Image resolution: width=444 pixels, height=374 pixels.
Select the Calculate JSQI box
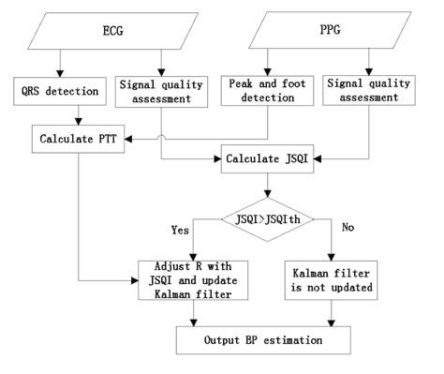[271, 159]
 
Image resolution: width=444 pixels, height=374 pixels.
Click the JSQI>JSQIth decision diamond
[271, 220]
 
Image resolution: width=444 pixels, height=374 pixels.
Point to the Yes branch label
[182, 229]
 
